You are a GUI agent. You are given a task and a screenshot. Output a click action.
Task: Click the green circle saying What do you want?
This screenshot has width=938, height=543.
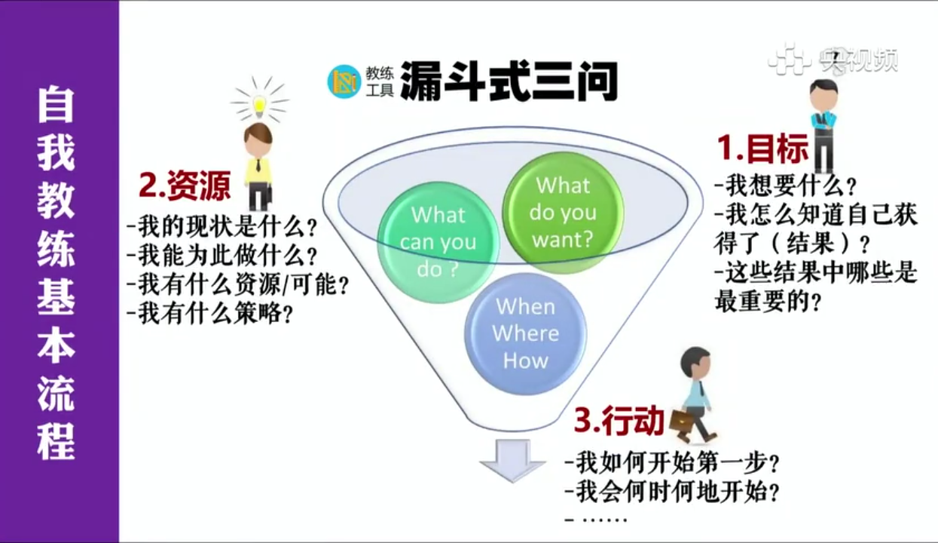point(564,213)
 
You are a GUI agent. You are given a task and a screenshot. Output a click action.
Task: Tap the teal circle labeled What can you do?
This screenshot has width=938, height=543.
point(438,242)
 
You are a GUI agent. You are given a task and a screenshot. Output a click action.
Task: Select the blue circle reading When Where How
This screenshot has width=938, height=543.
point(526,334)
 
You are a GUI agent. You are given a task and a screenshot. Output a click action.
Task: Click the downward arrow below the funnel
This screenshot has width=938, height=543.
point(512,460)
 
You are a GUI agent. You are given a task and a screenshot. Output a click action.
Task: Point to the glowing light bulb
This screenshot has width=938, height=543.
point(260,103)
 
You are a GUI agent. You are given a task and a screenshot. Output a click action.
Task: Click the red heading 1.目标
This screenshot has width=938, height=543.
point(762,149)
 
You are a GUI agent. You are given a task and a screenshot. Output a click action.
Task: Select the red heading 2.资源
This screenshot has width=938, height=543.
point(185,186)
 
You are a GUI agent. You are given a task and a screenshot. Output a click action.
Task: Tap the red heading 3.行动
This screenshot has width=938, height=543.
point(619,420)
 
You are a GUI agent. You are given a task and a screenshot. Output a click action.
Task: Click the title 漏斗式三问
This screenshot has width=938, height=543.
point(509,81)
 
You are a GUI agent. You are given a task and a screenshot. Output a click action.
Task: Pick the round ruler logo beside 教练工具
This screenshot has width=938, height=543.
point(344,81)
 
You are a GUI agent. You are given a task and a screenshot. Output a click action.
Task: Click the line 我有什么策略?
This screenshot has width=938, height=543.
point(209,314)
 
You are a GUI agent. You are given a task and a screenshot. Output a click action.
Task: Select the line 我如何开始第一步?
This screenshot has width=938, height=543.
point(672,462)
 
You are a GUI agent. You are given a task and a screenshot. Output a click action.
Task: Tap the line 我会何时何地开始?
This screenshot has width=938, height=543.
point(672,492)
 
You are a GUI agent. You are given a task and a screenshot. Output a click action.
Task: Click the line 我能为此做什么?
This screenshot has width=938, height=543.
point(222,256)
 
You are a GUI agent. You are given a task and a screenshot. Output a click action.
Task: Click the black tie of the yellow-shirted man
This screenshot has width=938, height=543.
point(258,165)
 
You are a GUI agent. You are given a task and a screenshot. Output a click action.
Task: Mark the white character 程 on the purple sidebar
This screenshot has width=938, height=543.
point(56,441)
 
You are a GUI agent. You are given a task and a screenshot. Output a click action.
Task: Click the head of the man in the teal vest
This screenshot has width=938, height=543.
point(823,95)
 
